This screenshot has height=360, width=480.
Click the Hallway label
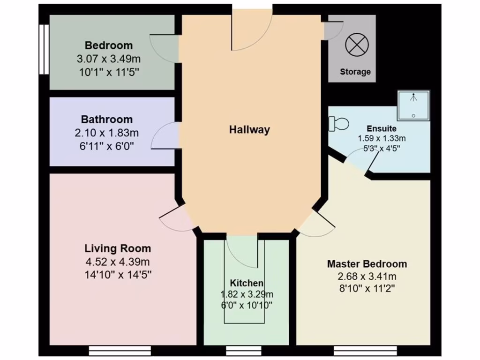pyautogui.click(x=249, y=130)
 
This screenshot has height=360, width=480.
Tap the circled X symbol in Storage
pyautogui.click(x=357, y=45)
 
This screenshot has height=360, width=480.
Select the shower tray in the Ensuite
pyautogui.click(x=413, y=106)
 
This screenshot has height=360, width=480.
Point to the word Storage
pyautogui.click(x=355, y=72)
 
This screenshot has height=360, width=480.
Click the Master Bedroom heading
pyautogui.click(x=367, y=264)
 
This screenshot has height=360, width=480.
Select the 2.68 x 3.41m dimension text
pyautogui.click(x=367, y=276)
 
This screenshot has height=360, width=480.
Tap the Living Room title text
pyautogui.click(x=118, y=248)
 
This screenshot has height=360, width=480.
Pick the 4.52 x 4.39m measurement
pyautogui.click(x=118, y=262)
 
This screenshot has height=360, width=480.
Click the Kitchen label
pyautogui.click(x=247, y=283)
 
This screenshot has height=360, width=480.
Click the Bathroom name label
pyautogui.click(x=106, y=120)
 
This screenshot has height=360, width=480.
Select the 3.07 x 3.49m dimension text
pyautogui.click(x=108, y=59)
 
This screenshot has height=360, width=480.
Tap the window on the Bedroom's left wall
pyautogui.click(x=44, y=49)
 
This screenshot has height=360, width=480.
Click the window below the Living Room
pyautogui.click(x=120, y=351)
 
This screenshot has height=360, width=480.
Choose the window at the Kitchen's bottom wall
pyautogui.click(x=244, y=351)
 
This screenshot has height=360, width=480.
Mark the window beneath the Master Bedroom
pyautogui.click(x=366, y=351)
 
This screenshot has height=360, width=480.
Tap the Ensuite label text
pyautogui.click(x=382, y=128)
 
